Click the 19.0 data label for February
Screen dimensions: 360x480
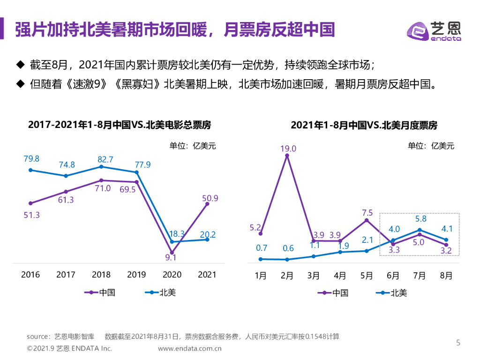pos(288,149)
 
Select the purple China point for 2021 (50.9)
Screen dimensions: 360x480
pos(207,204)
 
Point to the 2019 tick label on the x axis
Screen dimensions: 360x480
pos(136,275)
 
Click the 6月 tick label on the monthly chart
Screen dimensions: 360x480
pos(393,276)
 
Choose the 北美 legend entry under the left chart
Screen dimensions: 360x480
pos(160,292)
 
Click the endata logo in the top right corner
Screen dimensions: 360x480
pos(433,31)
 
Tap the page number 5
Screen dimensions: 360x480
pos(458,343)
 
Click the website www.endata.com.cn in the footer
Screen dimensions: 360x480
pos(190,348)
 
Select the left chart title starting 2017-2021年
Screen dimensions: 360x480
pos(120,125)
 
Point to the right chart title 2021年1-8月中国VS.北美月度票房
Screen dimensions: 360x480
pos(364,125)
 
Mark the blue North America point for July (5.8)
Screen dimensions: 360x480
pos(420,230)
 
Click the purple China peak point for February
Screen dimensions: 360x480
pos(287,156)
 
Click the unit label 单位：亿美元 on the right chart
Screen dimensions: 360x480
pos(431,146)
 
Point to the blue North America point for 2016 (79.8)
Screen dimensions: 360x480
pos(30,170)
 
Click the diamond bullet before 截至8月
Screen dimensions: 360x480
pos(20,64)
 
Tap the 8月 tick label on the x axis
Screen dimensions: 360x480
pos(446,276)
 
